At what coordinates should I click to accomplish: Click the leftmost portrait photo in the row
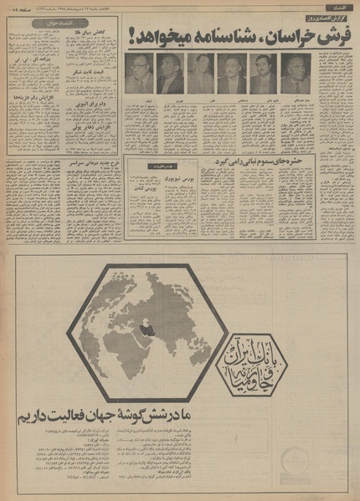(x=139, y=74)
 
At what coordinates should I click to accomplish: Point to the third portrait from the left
(x=201, y=74)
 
